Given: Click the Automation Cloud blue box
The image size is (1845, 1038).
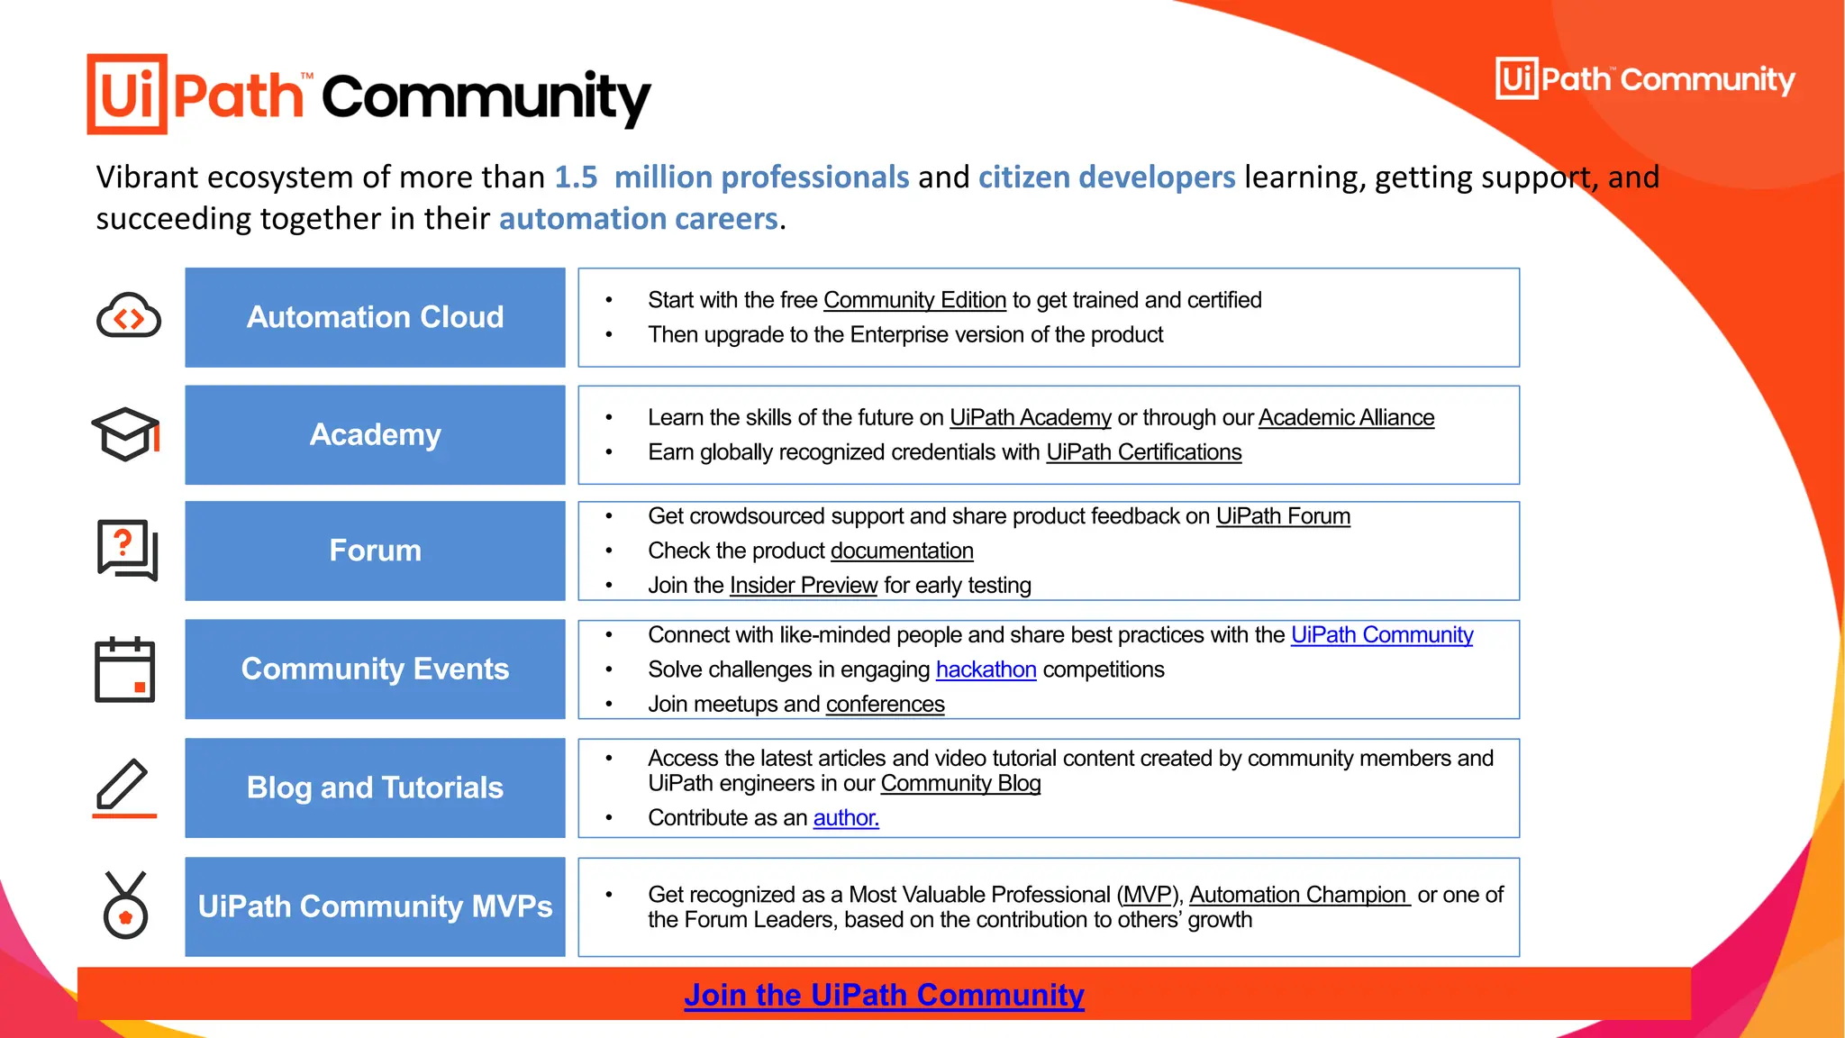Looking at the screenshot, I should point(375,317).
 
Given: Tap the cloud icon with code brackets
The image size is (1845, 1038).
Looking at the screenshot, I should point(129,316).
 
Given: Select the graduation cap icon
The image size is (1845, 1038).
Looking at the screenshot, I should point(126,434).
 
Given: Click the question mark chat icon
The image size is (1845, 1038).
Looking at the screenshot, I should point(127,550).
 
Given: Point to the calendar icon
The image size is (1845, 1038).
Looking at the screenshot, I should point(125,669).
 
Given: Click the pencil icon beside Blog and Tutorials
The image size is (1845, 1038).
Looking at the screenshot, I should point(124,788).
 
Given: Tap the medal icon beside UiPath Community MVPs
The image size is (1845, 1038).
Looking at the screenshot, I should point(125,906).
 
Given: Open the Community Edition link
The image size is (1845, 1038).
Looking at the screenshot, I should point(914,300).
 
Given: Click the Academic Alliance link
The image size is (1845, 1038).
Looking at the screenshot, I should point(1346,418).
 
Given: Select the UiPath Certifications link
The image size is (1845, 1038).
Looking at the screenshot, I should point(1143,452).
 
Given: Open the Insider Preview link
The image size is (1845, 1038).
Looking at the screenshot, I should point(803,586).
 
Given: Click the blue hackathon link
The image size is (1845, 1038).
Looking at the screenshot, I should point(986,669).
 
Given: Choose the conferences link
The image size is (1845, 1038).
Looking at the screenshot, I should point(885,704).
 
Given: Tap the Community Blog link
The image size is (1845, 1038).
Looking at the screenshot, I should point(960,784).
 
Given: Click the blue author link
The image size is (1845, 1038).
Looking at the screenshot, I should point(845,818).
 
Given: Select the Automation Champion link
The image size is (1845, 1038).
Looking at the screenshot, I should point(1298,895).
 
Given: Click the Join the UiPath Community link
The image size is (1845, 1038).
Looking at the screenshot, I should point(884,995).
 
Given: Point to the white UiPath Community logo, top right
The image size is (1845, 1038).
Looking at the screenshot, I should point(1645,79).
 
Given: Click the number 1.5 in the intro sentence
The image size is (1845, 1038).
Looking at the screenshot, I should point(576,178).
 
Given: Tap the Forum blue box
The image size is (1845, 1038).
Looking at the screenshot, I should point(375,551).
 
